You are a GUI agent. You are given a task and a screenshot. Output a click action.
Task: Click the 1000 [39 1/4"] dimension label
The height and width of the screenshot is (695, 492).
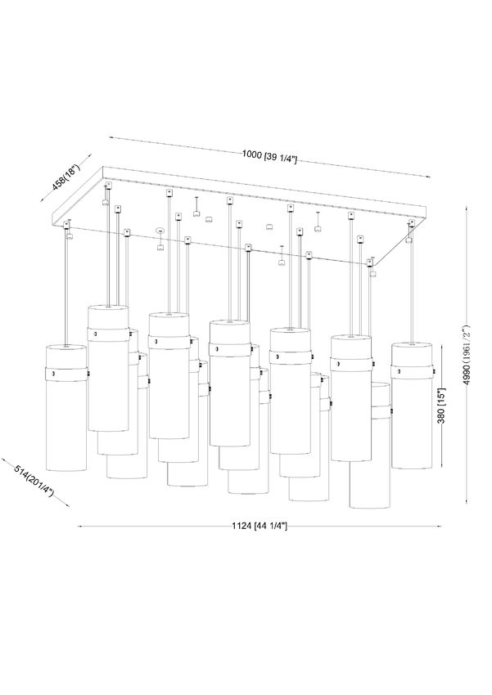point(269,156)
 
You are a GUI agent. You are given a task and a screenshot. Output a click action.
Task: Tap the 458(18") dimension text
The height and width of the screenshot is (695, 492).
point(65,177)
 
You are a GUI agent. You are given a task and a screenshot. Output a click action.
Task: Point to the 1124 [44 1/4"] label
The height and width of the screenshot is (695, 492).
point(260,526)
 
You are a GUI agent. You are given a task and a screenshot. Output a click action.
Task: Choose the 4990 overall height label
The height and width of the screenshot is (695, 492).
point(465,355)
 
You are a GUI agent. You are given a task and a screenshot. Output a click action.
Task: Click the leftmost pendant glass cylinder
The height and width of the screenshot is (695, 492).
point(66,408)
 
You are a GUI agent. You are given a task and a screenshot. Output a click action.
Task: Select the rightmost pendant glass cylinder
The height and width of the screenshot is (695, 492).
point(411,405)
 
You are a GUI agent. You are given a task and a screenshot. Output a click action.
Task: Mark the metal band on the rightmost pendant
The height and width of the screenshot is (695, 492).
point(412,371)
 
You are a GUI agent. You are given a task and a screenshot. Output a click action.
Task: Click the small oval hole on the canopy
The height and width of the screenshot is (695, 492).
point(160,231)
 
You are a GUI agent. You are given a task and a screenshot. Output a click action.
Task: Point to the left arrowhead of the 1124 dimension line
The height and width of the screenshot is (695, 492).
point(80,526)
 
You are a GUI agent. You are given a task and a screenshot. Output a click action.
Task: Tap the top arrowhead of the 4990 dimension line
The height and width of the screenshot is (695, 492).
point(467,208)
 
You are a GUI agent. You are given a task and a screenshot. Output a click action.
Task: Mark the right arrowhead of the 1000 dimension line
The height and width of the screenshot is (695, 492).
point(427,177)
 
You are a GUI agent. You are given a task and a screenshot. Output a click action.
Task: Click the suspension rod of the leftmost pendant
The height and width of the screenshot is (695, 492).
point(66,287)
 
